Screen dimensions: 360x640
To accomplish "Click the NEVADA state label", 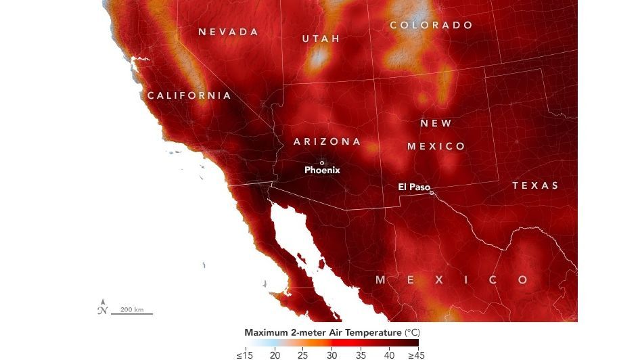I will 228,32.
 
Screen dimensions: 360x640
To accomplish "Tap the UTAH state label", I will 321,39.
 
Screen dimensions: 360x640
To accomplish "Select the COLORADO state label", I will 431,25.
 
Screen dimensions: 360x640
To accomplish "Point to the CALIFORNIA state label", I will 189,95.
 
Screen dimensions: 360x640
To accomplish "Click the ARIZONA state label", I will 327,141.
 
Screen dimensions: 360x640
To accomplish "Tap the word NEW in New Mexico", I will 436,123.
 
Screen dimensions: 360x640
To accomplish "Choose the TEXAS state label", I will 535,185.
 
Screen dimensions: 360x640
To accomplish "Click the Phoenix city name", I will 322,171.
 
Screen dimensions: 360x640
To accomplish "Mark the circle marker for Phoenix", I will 322,162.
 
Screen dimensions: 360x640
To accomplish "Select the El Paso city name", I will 413,187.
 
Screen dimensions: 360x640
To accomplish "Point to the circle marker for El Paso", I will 432,192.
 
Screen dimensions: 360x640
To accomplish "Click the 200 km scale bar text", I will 132,310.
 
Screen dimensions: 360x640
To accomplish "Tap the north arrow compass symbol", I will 102,307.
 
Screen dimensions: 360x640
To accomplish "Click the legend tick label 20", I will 275,354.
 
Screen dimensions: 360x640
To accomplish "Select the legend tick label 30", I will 332,354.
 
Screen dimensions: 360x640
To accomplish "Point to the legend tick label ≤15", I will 244,354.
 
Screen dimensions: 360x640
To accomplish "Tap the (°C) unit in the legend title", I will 412,333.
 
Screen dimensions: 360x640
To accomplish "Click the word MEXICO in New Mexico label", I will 436,146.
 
